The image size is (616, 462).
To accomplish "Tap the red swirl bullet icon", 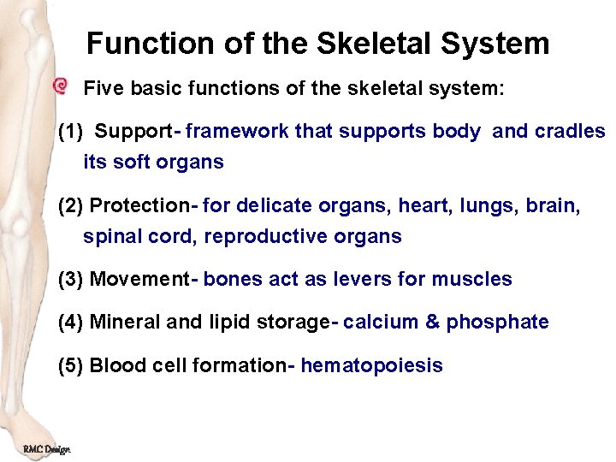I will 60,86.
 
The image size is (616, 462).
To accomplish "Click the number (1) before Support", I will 71,133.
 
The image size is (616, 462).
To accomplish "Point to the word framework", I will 237,133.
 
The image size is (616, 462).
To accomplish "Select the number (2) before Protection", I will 71,206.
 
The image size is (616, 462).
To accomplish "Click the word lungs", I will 484,206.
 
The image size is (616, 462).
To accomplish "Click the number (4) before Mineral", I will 71,323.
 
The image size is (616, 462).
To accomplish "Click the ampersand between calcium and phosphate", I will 432,323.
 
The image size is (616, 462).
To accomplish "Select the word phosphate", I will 497,323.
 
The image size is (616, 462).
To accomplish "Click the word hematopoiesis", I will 371,366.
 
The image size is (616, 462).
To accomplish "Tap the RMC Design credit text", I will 47,449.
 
